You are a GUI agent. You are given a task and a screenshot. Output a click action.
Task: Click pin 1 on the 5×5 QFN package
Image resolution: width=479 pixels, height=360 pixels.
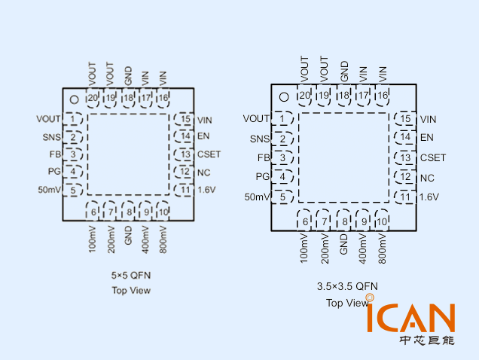pos(73,118)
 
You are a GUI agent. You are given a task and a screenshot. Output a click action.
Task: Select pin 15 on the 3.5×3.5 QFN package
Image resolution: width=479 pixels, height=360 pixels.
pos(405,119)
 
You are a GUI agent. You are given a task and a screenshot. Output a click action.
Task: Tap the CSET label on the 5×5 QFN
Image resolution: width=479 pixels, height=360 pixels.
pos(209,154)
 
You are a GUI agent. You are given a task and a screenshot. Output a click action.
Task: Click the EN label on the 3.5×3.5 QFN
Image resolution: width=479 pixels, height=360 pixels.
pos(427,137)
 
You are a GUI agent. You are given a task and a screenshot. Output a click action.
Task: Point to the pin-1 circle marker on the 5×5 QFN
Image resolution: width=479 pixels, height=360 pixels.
pos(74,99)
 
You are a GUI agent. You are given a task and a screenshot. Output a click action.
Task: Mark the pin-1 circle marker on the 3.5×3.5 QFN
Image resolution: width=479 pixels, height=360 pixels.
pos(284,96)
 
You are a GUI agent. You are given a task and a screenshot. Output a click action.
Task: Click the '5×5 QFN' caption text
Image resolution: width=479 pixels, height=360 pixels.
pos(131,276)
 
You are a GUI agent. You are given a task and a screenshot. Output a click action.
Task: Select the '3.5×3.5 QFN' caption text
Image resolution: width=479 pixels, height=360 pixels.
pos(347,286)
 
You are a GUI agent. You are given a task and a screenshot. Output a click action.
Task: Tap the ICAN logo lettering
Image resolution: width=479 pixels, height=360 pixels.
pos(410,318)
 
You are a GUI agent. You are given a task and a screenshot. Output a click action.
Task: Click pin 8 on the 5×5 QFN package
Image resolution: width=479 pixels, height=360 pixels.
pos(130,211)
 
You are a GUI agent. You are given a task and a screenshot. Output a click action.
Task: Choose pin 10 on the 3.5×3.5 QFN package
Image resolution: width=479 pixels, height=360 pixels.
pos(381,221)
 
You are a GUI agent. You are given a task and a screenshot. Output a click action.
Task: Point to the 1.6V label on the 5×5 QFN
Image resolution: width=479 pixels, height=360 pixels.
pos(206,189)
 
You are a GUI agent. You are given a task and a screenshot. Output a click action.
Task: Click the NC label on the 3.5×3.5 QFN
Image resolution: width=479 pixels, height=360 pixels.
pos(427,178)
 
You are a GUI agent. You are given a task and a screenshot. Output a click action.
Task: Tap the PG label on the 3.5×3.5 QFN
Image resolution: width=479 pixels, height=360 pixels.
pos(262,176)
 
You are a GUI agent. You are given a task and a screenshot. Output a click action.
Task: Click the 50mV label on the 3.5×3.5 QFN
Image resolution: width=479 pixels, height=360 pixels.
pos(257,197)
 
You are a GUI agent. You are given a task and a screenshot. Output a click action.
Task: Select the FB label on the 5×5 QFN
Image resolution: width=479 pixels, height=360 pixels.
pos(55,154)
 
